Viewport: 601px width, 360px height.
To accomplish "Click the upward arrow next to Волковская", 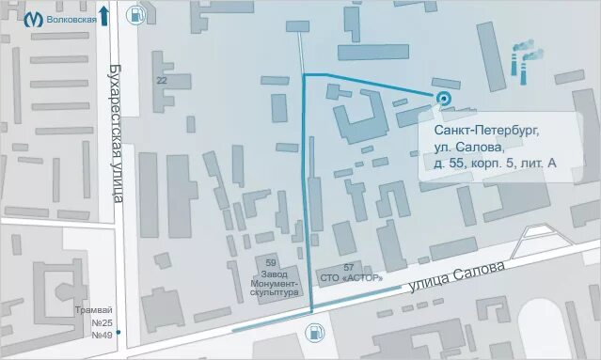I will point(104,15).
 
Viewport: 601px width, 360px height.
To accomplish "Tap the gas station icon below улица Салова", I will point(313,331).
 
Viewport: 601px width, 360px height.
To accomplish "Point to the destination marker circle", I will point(444,97).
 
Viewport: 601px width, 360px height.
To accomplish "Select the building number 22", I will point(162,81).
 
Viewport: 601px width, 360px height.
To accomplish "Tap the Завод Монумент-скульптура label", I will point(274,283).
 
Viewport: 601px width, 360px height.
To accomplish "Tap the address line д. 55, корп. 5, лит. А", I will point(495,163).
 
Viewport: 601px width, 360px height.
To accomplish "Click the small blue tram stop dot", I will point(119,332).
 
